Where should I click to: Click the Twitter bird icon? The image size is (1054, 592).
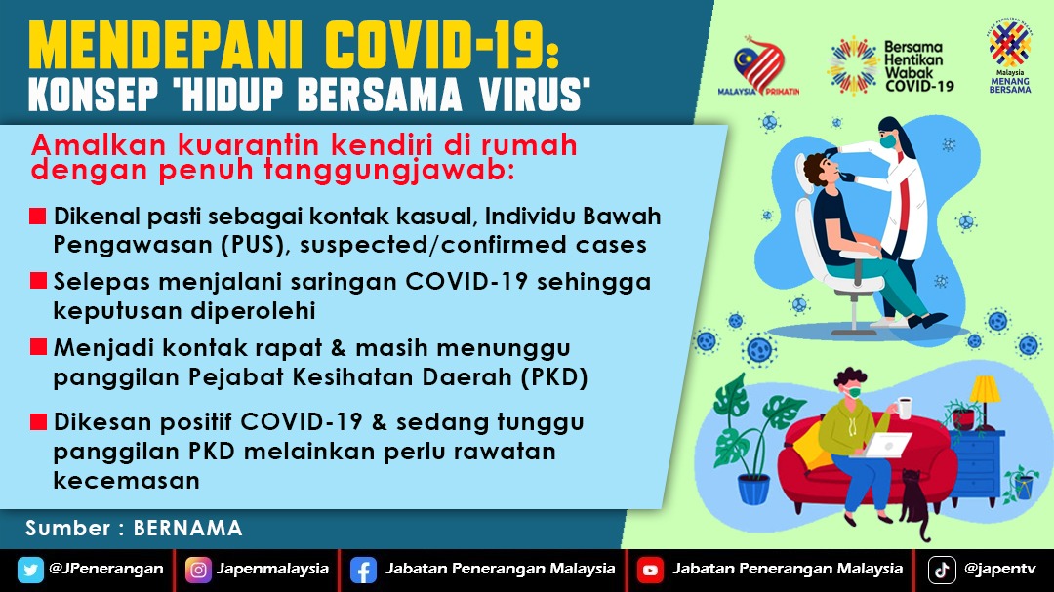pyautogui.click(x=30, y=570)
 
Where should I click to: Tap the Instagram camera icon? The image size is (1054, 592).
pyautogui.click(x=198, y=570)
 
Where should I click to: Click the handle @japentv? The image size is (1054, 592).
pyautogui.click(x=999, y=570)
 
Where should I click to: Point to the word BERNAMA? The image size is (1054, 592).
pyautogui.click(x=187, y=529)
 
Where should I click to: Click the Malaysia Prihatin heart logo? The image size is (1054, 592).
pyautogui.click(x=759, y=66)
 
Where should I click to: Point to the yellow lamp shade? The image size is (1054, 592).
pyautogui.click(x=985, y=390)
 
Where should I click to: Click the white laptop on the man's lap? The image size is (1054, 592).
pyautogui.click(x=886, y=446)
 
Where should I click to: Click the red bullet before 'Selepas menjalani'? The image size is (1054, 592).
pyautogui.click(x=38, y=281)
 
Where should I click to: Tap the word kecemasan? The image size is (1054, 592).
pyautogui.click(x=126, y=481)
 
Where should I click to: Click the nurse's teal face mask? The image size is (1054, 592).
pyautogui.click(x=889, y=141)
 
